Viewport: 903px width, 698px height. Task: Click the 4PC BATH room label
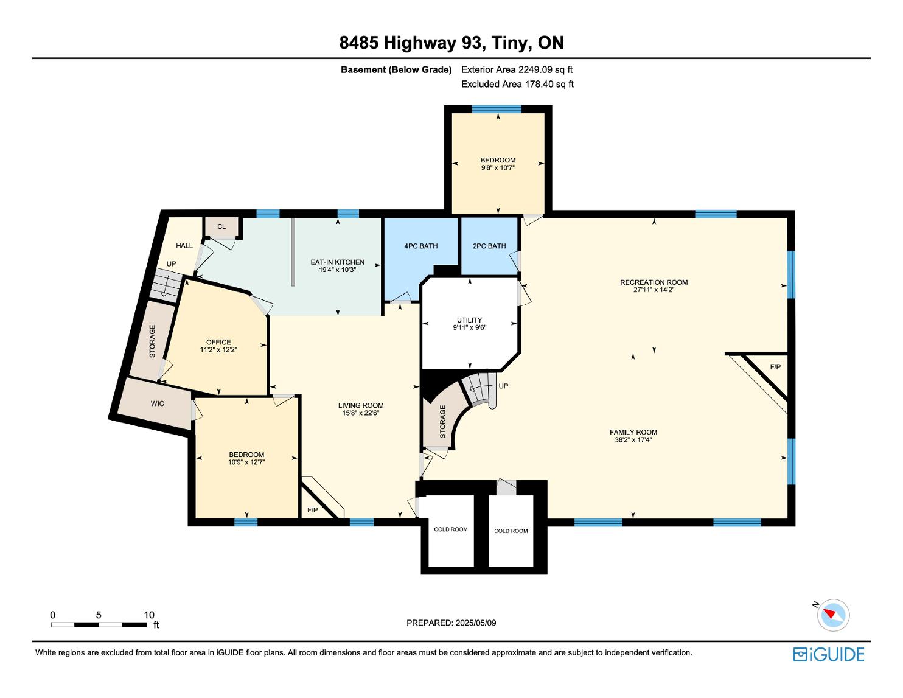(x=421, y=246)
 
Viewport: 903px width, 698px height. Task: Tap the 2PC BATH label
(x=489, y=246)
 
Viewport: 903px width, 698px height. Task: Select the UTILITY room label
(x=470, y=320)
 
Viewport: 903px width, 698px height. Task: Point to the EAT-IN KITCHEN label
(x=338, y=262)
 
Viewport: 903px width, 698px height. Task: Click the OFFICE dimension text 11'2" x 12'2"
(x=218, y=350)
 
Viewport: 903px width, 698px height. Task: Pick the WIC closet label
(x=157, y=404)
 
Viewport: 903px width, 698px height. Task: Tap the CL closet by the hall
(x=221, y=226)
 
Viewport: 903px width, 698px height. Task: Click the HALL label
(x=184, y=245)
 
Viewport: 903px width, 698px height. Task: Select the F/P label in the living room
(x=313, y=510)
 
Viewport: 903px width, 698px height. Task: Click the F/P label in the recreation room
(x=775, y=367)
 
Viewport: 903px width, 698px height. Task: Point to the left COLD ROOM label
(x=451, y=529)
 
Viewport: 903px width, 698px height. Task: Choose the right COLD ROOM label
(x=511, y=531)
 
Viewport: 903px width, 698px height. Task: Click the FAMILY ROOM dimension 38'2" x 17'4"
(x=633, y=439)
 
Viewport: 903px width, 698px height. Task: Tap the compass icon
(x=833, y=615)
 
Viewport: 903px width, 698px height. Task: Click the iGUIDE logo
(x=829, y=655)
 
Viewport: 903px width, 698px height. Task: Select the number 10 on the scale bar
(x=149, y=615)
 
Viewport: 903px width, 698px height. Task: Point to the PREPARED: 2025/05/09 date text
(x=451, y=623)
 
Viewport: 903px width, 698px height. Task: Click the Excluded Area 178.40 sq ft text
(x=517, y=85)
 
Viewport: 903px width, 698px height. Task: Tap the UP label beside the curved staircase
(x=503, y=386)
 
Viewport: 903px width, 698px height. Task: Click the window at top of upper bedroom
(x=497, y=110)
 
